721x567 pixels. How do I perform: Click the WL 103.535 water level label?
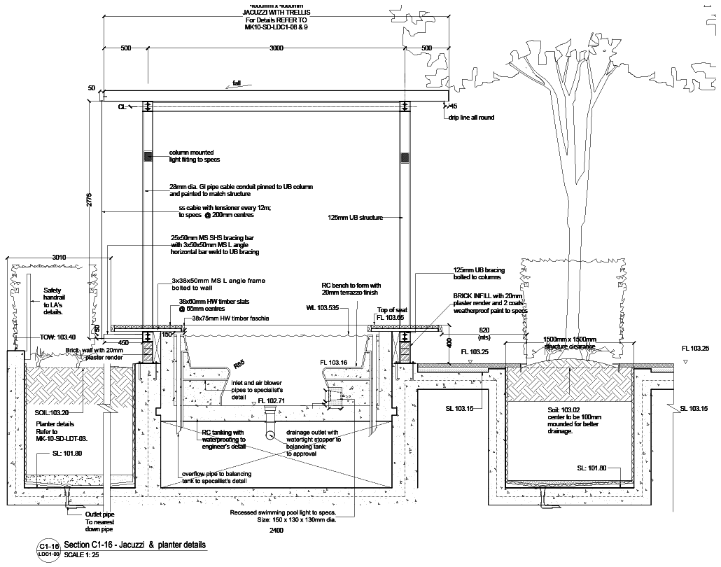pyautogui.click(x=323, y=307)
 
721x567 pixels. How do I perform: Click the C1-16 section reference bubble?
pyautogui.click(x=48, y=545)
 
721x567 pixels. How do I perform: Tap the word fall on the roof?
pyautogui.click(x=237, y=83)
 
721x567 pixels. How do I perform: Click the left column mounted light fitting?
pyautogui.click(x=148, y=157)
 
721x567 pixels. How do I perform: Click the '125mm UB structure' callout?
pyautogui.click(x=355, y=218)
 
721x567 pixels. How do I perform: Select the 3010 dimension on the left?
pyautogui.click(x=58, y=258)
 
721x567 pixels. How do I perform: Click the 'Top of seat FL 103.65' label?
pyautogui.click(x=392, y=313)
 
